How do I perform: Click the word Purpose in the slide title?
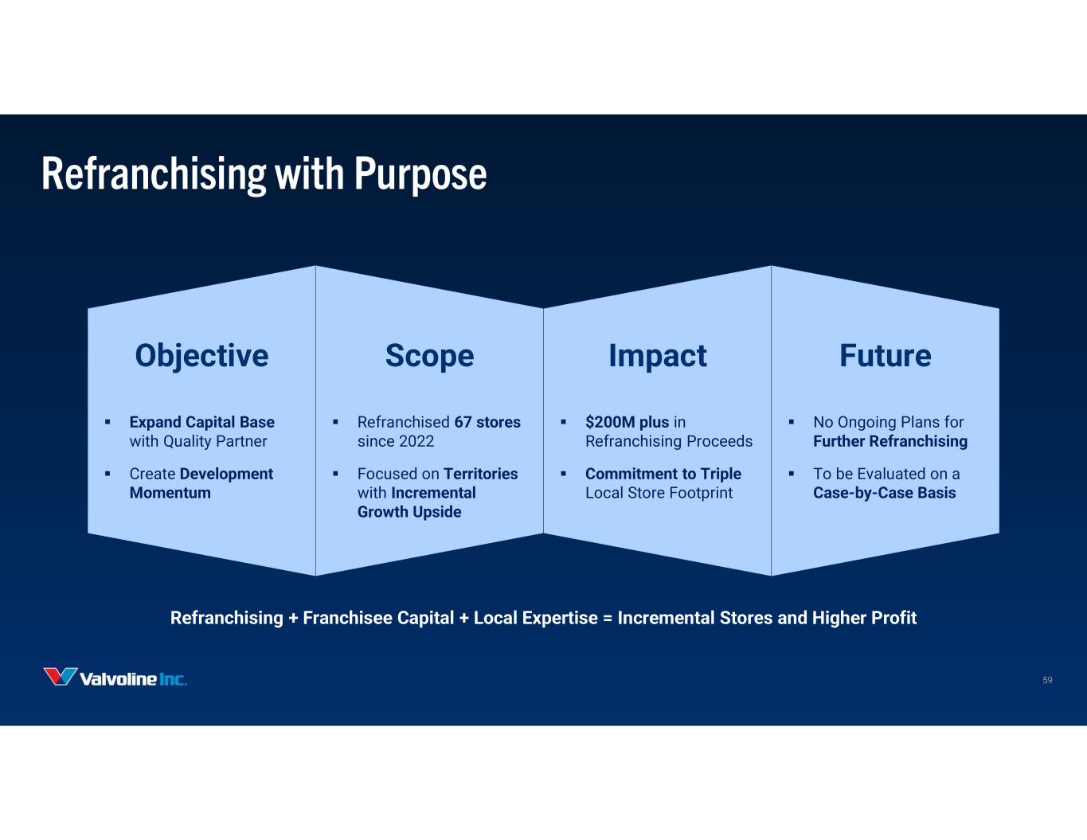(x=420, y=174)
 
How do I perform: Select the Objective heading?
(x=201, y=357)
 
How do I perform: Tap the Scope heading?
(x=430, y=357)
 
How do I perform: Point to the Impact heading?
(x=658, y=357)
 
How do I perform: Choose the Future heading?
(x=886, y=355)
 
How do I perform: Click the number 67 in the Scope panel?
(x=463, y=423)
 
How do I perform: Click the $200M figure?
(x=610, y=423)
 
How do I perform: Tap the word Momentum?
(x=170, y=493)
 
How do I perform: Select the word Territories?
(x=481, y=474)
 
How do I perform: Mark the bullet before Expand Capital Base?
(x=108, y=423)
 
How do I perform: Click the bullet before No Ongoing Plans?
(x=792, y=423)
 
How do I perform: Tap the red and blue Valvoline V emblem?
(x=60, y=677)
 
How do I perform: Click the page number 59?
(x=1047, y=680)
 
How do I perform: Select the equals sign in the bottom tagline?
(x=608, y=619)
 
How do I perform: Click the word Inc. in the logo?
(x=173, y=679)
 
